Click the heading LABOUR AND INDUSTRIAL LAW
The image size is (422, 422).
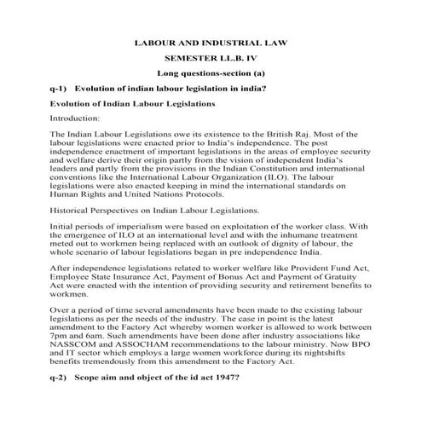pyautogui.click(x=211, y=42)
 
